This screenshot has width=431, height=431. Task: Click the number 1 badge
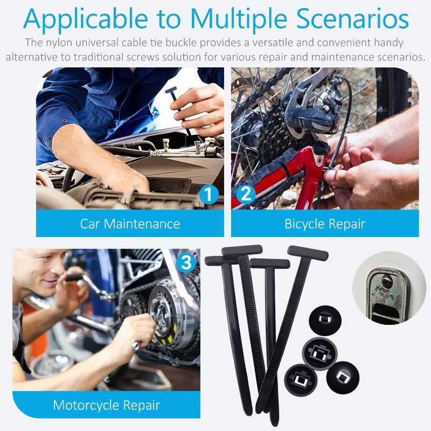(x=208, y=194)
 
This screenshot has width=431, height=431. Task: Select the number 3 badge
(x=186, y=263)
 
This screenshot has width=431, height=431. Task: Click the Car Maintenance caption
(x=130, y=224)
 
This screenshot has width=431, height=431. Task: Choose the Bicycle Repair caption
(x=325, y=224)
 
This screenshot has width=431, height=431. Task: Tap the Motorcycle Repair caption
(x=106, y=405)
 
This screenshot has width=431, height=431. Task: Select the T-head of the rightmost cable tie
(x=304, y=252)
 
